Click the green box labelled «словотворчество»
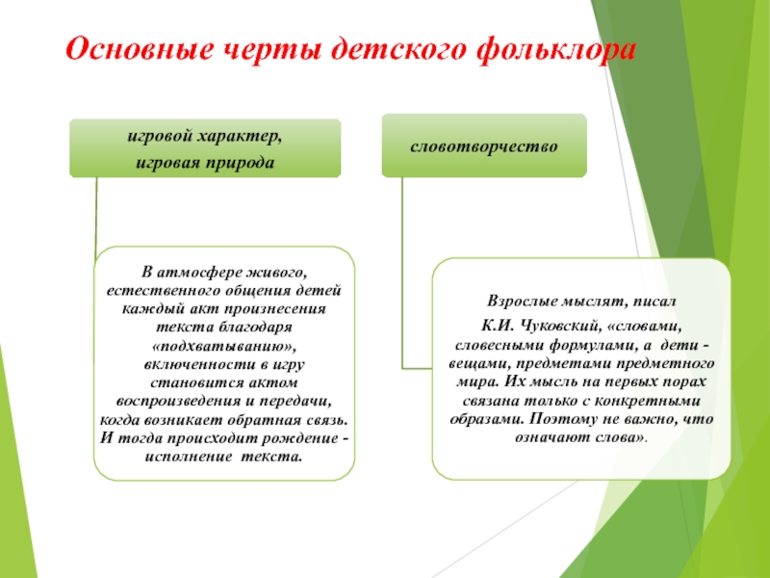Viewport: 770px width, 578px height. click(484, 145)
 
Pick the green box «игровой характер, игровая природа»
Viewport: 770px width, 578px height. click(205, 148)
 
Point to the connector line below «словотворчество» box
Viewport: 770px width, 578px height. click(403, 270)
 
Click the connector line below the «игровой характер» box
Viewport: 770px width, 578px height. click(96, 217)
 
